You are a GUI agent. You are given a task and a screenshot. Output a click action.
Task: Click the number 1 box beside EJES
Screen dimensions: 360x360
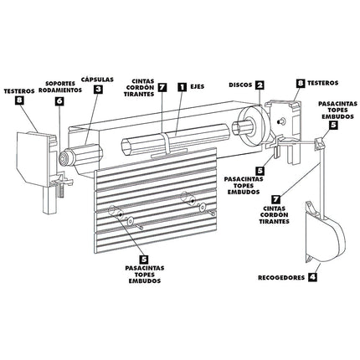(182, 86)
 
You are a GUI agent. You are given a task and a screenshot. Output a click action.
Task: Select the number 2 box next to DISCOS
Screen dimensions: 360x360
(260, 85)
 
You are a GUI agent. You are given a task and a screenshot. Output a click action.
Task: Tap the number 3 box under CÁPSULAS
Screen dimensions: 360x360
(98, 89)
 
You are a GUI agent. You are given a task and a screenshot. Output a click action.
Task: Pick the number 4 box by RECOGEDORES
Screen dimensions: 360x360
(312, 275)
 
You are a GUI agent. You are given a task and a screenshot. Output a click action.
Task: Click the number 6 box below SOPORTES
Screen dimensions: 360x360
(59, 100)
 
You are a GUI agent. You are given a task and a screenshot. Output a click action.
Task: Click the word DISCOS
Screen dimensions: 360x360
(239, 85)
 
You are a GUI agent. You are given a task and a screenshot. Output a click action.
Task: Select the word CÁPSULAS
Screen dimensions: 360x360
(98, 76)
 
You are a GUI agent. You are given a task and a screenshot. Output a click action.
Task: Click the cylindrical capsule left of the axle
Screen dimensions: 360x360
(80, 156)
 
